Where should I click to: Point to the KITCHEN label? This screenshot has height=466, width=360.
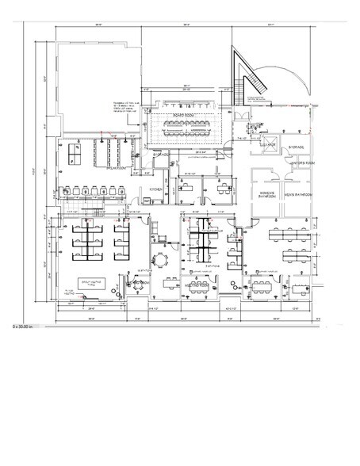156,189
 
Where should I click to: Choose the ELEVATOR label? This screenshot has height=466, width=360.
267,146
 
